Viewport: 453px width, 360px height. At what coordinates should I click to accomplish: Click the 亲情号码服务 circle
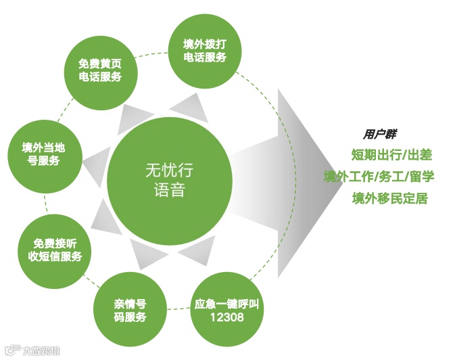(x=129, y=309)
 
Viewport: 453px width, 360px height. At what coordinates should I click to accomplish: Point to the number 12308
(x=226, y=317)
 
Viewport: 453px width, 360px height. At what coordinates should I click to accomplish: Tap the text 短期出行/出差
(x=391, y=155)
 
